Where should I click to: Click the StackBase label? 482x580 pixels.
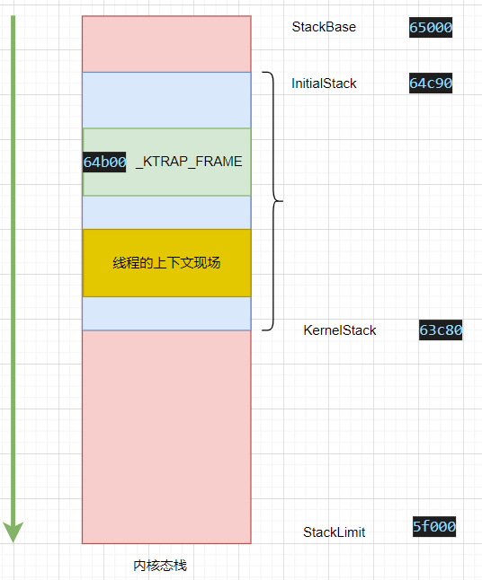point(324,27)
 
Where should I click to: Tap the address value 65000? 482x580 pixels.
point(431,27)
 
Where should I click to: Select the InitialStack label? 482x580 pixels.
point(324,83)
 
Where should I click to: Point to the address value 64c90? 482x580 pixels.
point(431,83)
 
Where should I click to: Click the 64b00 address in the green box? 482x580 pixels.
point(104,162)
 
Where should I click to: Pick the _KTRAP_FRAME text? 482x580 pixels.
point(189,162)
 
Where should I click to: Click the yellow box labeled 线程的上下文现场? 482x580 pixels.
point(166,263)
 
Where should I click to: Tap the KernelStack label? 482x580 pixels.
point(340,330)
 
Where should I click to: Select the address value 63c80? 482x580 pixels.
point(441,330)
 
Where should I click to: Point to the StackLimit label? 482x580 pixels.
point(335,532)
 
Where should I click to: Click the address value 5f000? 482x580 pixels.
point(434,526)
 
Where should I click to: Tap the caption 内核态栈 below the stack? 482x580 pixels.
point(160,566)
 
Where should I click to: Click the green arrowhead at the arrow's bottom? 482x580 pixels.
point(13,532)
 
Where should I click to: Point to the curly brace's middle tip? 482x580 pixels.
point(282,201)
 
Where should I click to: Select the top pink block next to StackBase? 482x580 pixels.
point(166,44)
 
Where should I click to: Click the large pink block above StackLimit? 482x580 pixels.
point(166,437)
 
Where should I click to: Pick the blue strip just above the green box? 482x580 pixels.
point(166,101)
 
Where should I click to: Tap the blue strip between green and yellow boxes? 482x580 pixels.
point(166,213)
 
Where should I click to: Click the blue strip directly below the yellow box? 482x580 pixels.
point(166,313)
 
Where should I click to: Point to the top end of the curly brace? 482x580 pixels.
point(263,73)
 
